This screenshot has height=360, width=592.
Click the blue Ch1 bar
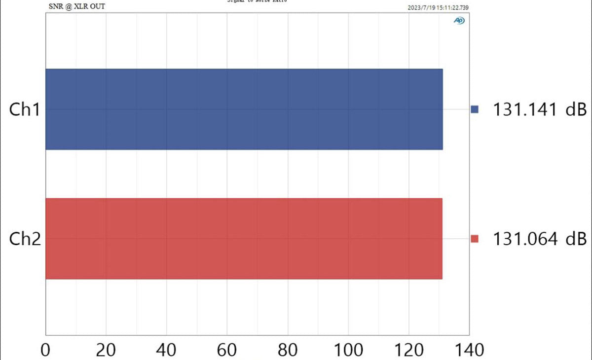tap(244, 109)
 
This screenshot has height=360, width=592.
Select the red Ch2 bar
tap(244, 239)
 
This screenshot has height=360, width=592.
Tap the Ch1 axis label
tap(24, 109)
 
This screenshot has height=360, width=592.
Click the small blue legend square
tap(475, 109)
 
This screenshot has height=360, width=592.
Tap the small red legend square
tap(475, 239)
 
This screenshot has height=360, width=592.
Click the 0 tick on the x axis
tap(46, 350)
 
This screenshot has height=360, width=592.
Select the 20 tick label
tap(106, 350)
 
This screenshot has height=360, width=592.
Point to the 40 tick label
tap(167, 350)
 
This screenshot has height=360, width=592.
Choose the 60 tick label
tap(227, 350)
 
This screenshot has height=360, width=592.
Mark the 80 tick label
tap(288, 350)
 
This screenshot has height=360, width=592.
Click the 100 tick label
tap(348, 350)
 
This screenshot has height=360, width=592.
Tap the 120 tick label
tap(408, 350)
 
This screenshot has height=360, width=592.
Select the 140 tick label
tap(469, 350)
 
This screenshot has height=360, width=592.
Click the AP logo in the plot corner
tap(459, 21)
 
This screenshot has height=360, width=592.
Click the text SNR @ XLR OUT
tap(77, 6)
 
